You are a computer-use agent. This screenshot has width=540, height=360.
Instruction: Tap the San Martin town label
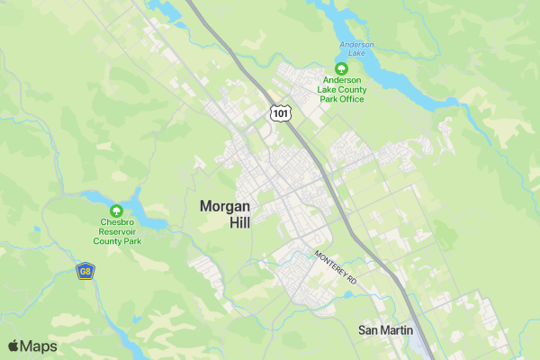386,330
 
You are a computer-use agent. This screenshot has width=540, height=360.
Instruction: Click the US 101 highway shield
281,112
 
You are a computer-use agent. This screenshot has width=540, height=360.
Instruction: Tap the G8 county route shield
85,271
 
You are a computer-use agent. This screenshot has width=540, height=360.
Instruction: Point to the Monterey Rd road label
336,268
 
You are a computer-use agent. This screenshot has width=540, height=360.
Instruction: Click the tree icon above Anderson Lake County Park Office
341,68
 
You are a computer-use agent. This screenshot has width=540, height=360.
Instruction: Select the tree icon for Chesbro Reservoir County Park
116,211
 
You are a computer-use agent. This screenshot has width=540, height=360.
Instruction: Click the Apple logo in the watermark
13,346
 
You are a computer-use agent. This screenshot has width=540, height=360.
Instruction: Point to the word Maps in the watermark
38,346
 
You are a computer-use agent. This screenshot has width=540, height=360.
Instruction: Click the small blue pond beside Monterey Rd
347,294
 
